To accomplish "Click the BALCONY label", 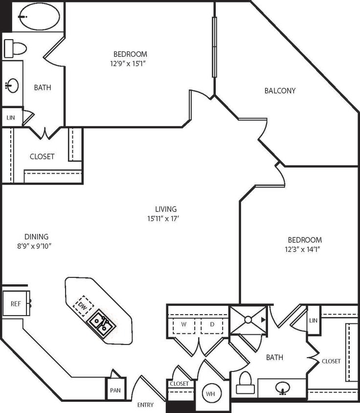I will pos(280,91).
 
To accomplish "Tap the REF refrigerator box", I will pos(16,304).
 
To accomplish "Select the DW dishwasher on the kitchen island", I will pos(83,305).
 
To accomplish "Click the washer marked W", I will pos(183,324).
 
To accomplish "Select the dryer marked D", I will pos(212,324).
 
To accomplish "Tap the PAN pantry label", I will pos(116,391).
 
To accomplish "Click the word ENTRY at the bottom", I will pos(145,405).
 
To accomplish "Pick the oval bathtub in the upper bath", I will pos(39,17).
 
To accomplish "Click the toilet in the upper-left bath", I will pos(16,48).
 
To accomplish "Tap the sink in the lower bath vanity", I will pos(282,389).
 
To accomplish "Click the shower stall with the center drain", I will pos(248,320).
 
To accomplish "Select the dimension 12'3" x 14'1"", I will pos(304,249).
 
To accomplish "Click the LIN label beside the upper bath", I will pos(11,117).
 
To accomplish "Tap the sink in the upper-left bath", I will pos(12,86).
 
